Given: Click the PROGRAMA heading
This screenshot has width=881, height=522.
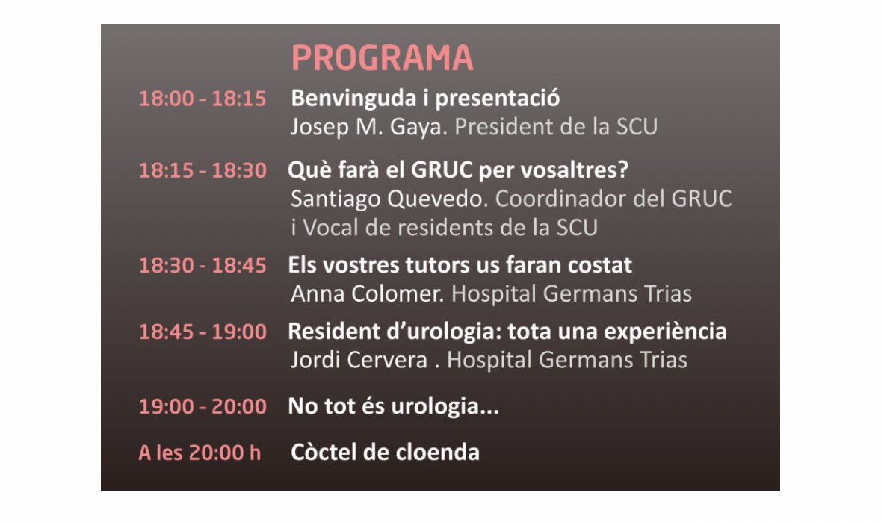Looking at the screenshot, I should click(382, 58).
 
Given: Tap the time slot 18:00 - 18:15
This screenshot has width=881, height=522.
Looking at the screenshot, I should click(203, 99).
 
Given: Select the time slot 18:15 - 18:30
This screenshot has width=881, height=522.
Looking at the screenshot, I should click(203, 171).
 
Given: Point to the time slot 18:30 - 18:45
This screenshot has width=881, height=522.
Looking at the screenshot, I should click(203, 266).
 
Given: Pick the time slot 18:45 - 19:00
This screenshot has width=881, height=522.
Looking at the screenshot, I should click(203, 332).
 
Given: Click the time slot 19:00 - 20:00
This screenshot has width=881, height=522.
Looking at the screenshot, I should click(203, 407).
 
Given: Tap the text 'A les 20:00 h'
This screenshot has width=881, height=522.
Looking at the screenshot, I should click(200, 453).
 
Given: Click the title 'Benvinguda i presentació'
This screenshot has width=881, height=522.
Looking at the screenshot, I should click(424, 99).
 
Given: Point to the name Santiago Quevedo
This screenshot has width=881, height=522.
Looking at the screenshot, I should click(389, 199).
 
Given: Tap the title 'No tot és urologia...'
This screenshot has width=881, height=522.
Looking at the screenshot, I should click(394, 407).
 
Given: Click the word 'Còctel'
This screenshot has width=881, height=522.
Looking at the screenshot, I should click(327, 453).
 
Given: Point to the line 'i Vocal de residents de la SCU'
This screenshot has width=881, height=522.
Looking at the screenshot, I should click(444, 228).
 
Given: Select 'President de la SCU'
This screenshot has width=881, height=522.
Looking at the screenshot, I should click(556, 127).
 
